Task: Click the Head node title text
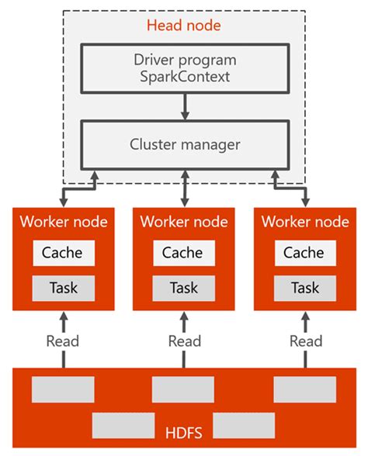(x=184, y=25)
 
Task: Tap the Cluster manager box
(x=184, y=143)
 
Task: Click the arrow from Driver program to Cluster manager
(x=184, y=105)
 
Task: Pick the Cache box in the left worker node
(x=62, y=253)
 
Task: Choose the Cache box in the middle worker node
(x=184, y=253)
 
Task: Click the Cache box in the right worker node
(x=304, y=253)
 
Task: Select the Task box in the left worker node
(x=62, y=288)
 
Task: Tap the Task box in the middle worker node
(x=184, y=288)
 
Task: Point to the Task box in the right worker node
(x=304, y=288)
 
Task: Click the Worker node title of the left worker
(x=63, y=222)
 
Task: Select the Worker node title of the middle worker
(x=184, y=222)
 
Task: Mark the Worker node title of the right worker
(x=305, y=222)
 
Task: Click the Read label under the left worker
(x=62, y=341)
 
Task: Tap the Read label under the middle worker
(x=184, y=341)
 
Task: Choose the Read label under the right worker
(x=305, y=341)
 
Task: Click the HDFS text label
(x=184, y=430)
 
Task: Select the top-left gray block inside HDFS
(x=63, y=389)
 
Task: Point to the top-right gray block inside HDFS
(x=304, y=389)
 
